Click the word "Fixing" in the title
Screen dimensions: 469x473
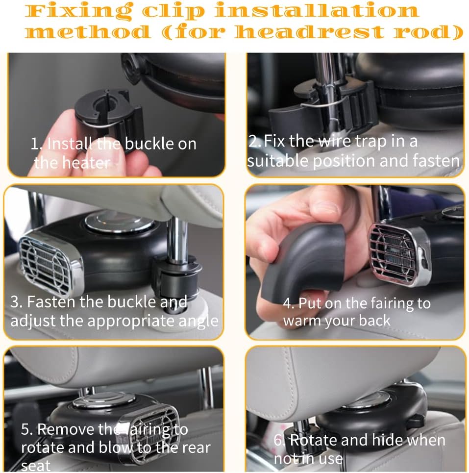click(78, 11)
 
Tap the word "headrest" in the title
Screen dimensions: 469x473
click(310, 32)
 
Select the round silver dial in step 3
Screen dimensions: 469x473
click(119, 221)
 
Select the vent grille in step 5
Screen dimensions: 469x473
click(149, 426)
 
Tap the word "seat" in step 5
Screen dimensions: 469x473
click(36, 466)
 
